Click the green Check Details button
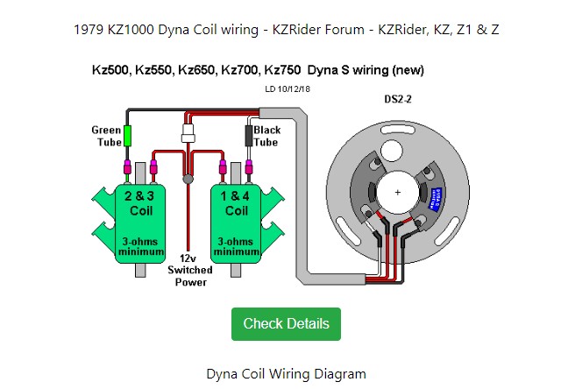point(286,323)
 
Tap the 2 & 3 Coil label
point(140,203)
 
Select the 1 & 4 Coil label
point(237,203)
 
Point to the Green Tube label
point(106,136)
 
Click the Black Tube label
point(266,136)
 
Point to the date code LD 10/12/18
point(288,89)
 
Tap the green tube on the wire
point(128,136)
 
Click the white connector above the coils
point(188,134)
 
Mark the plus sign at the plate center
point(398,192)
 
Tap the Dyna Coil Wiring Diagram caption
point(286,374)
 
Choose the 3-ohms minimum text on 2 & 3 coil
point(140,246)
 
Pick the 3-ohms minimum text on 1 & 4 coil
point(237,246)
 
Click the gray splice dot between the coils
point(188,179)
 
